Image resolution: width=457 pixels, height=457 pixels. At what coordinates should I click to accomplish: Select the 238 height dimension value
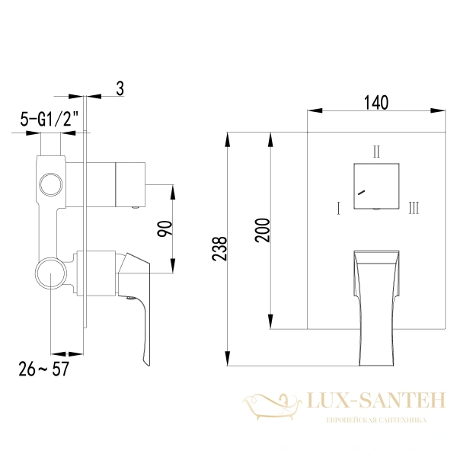[219, 249]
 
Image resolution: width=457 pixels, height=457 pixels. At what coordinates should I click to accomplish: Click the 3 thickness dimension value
[120, 88]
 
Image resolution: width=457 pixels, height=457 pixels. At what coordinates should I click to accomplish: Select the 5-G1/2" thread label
[48, 119]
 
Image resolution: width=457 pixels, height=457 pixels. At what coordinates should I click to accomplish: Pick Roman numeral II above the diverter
[376, 151]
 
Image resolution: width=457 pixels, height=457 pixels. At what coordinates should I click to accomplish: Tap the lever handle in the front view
[376, 305]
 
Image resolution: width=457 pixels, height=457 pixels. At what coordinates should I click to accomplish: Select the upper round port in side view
[51, 185]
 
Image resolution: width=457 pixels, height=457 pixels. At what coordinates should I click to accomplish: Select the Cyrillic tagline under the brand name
[376, 420]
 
